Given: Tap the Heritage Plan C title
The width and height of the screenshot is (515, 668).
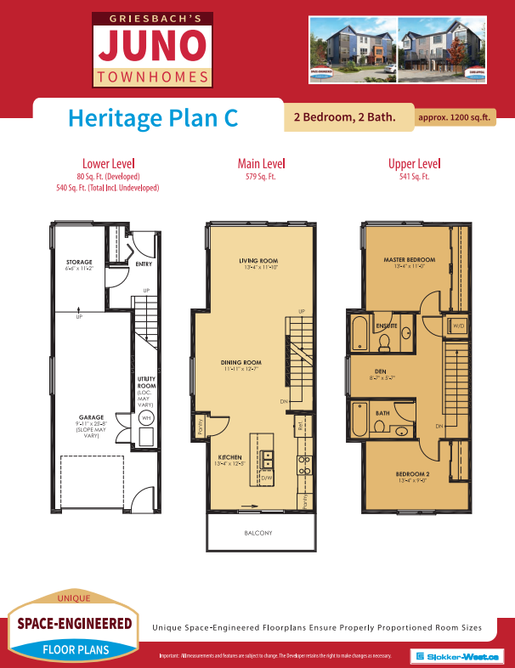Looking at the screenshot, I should pos(152,117).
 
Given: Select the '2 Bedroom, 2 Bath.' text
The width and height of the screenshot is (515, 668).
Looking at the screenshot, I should pos(344,117).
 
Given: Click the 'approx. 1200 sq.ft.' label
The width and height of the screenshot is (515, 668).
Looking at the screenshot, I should pos(455,118).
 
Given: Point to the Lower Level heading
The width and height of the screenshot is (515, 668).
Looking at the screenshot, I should pos(108,163).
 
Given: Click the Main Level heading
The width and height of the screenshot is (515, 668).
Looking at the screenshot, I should pos(261,163).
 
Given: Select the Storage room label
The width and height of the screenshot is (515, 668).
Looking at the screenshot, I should pos(78,262).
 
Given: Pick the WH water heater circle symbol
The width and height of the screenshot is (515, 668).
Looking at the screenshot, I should pos(145,418).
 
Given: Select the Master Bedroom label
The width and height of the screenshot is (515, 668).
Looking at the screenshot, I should pos(410,259).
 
